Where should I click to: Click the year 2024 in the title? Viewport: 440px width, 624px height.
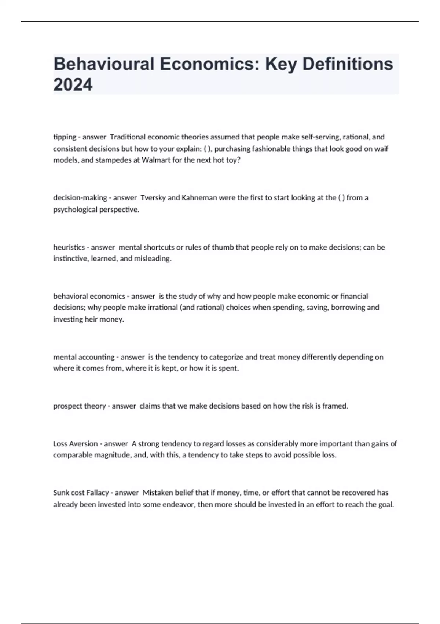73,85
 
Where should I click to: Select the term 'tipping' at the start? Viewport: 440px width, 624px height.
65,137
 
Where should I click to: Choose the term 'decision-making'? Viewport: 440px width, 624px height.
80,198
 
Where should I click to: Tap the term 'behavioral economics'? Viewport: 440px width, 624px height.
89,296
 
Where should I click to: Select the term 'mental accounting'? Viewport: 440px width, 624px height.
84,357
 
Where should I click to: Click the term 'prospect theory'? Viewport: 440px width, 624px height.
80,406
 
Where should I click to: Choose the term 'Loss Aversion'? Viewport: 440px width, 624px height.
76,444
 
